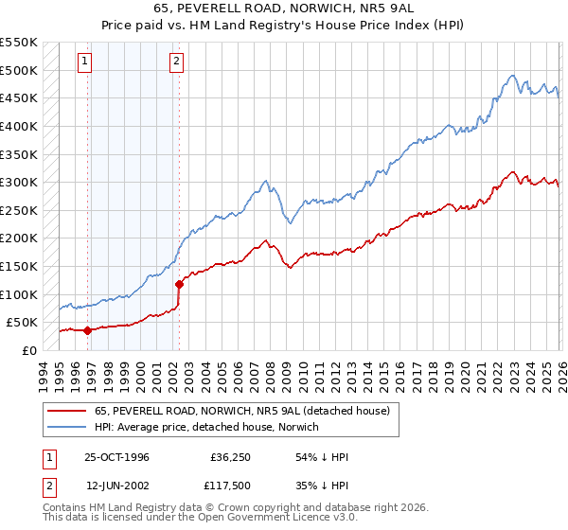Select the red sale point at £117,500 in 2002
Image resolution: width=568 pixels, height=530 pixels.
pyautogui.click(x=179, y=283)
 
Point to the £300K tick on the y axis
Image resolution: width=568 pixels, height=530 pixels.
pyautogui.click(x=19, y=182)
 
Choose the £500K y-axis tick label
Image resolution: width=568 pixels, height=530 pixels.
pyautogui.click(x=19, y=70)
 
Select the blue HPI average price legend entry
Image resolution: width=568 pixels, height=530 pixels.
pyautogui.click(x=207, y=428)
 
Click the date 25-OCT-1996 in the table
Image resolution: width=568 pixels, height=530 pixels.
pyautogui.click(x=116, y=457)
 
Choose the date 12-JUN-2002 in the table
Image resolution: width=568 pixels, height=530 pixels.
pyautogui.click(x=116, y=486)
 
